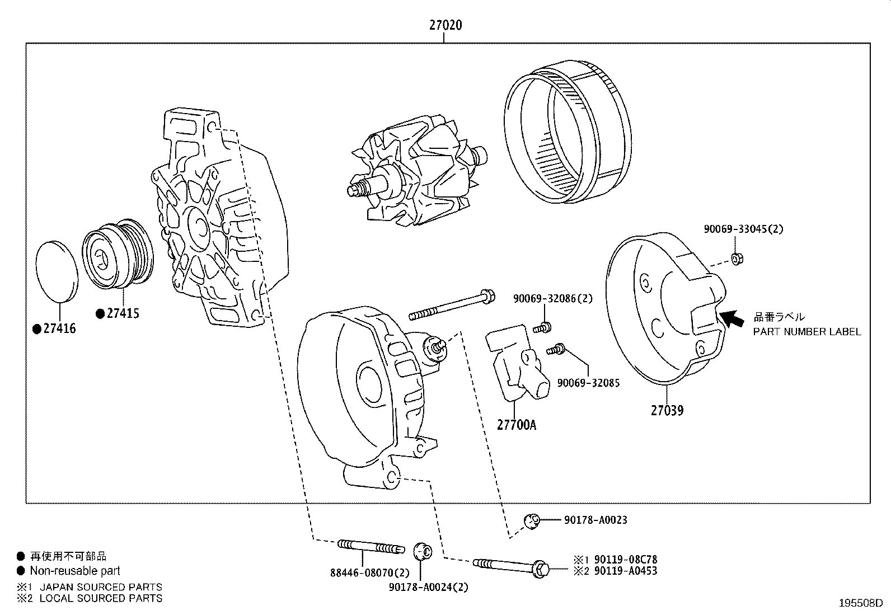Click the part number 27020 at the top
pyautogui.click(x=446, y=25)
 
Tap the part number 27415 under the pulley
pyautogui.click(x=123, y=313)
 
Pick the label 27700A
pyautogui.click(x=516, y=425)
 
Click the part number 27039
pyautogui.click(x=667, y=410)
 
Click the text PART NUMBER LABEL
pyautogui.click(x=806, y=332)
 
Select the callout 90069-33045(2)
pyautogui.click(x=744, y=229)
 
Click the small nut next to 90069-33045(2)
pyautogui.click(x=737, y=258)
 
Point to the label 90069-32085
pyautogui.click(x=588, y=383)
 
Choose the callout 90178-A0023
pyautogui.click(x=595, y=520)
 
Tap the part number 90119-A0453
pyautogui.click(x=626, y=571)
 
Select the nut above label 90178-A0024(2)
pyautogui.click(x=421, y=551)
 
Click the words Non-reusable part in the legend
pyautogui.click(x=75, y=571)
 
